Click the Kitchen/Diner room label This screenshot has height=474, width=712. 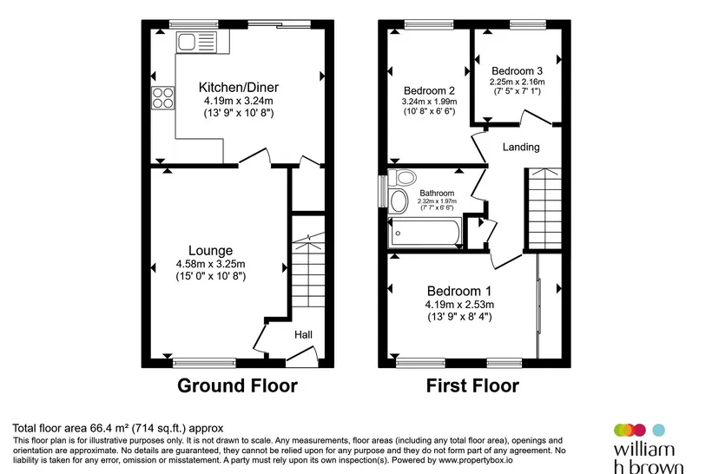tap(239, 87)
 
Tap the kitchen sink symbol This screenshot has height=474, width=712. tap(196, 43)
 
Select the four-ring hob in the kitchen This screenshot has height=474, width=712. tap(163, 97)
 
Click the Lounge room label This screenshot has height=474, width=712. tap(210, 251)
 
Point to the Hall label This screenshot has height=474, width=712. tap(303, 334)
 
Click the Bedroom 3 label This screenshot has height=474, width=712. tap(517, 71)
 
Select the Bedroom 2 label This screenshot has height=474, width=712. tap(429, 91)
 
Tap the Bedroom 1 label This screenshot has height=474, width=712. tap(459, 291)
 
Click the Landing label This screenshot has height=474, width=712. tap(521, 147)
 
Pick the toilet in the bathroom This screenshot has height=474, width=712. tap(402, 177)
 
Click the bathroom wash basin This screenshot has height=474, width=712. tap(399, 201)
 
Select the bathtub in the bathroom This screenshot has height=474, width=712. tap(425, 233)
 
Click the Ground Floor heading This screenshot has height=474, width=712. tap(238, 386)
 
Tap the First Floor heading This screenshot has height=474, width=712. tap(472, 386)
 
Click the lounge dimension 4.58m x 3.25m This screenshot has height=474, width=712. tap(211, 264)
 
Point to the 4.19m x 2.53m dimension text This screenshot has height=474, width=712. tap(459, 304)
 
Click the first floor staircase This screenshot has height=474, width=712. tap(544, 209)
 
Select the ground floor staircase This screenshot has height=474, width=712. tap(308, 270)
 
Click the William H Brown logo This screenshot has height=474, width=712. tap(648, 449)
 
